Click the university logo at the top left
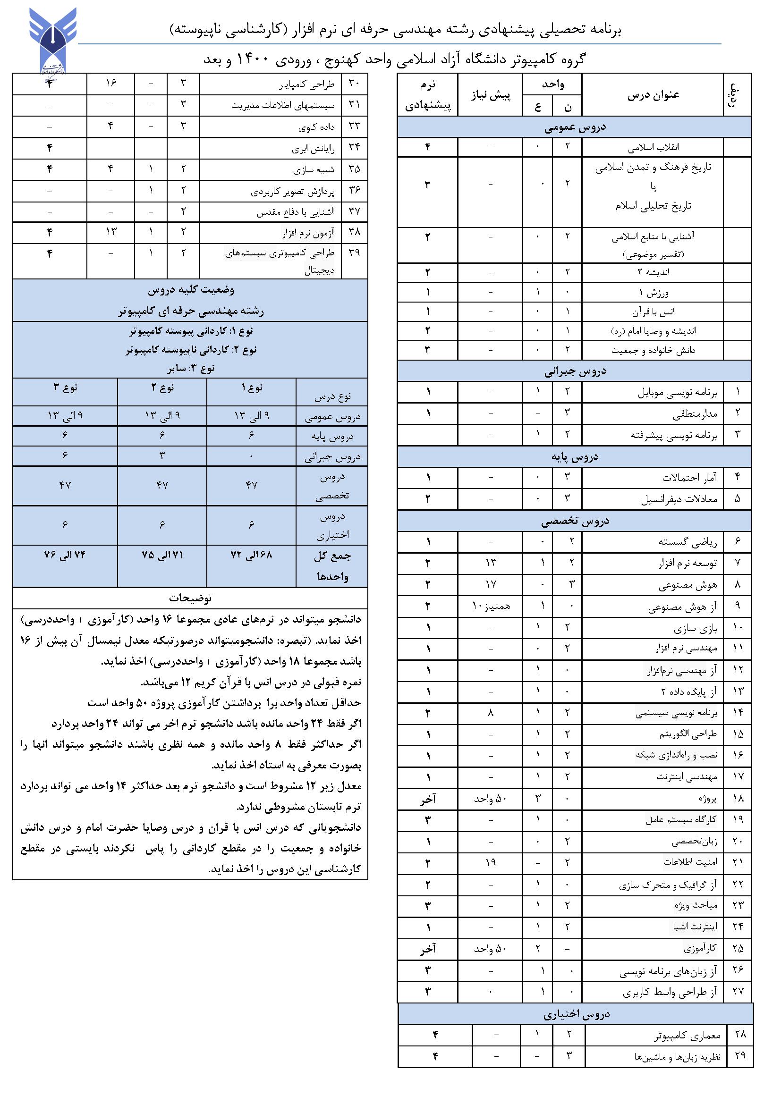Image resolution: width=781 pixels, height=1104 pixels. click(x=53, y=41)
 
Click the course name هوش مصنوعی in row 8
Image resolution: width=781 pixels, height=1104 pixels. click(x=688, y=585)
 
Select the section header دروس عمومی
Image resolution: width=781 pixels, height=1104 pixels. click(x=575, y=127)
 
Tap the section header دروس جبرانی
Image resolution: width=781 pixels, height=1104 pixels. click(x=575, y=371)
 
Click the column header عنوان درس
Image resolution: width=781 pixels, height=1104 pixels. click(x=653, y=95)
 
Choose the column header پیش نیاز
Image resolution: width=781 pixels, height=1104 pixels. click(x=490, y=95)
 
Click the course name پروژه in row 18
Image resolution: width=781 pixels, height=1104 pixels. click(x=707, y=799)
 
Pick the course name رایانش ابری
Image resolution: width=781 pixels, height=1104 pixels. click(x=313, y=149)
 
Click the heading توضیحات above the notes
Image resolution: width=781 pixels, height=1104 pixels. click(x=190, y=598)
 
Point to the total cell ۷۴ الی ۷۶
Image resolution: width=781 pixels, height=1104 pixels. click(x=65, y=555)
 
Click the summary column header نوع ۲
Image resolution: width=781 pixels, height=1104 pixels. click(x=162, y=388)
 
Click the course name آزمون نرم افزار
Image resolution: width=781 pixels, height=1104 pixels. click(x=308, y=233)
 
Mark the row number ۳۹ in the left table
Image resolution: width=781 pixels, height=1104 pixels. click(x=355, y=253)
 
